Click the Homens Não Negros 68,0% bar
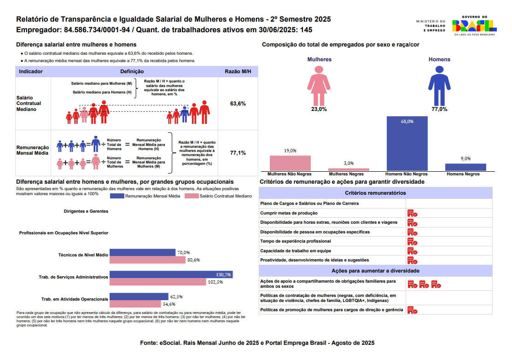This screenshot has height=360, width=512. pos(407,144)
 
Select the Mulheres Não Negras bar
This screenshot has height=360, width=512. pos(290,163)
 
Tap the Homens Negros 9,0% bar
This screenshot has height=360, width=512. pos(465,167)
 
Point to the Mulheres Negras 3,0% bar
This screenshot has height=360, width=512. pos(349,169)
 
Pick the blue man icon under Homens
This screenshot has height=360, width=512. pos(439,85)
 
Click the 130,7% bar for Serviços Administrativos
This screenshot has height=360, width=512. pos(171,274)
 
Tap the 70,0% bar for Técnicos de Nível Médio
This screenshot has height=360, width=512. pos(143,252)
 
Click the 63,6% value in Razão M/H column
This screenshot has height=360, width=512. pos(238,104)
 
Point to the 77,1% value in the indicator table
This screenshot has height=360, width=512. pos(238,152)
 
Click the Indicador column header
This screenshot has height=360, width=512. pos(31,72)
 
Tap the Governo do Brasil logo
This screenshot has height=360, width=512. pos(474,26)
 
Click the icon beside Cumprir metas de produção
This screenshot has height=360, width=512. pos(412,213)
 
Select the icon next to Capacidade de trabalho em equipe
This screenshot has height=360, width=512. pos(412,251)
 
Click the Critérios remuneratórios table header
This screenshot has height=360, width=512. pos(375,193)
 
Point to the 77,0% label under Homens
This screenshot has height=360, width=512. pos(439,109)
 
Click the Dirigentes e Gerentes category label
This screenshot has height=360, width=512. pos(86,211)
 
